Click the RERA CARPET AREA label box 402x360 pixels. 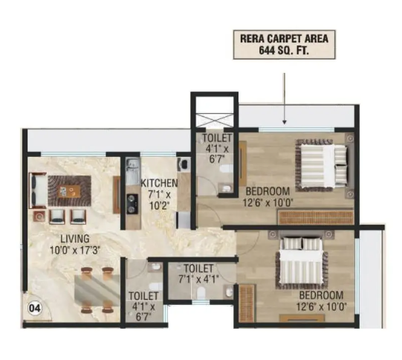tap(284, 45)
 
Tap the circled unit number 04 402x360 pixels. tap(35, 308)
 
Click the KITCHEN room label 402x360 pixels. tap(159, 183)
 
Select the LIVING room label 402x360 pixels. tap(75, 239)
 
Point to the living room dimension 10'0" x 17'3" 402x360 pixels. tap(75, 250)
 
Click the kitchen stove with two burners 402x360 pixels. tap(132, 204)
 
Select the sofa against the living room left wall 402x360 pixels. tap(38, 190)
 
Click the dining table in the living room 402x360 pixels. tap(97, 290)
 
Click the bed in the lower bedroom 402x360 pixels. tap(302, 263)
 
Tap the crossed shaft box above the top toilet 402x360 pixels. tap(215, 120)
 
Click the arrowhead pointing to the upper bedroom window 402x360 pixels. tap(284, 122)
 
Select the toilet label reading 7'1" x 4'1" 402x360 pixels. tap(198, 274)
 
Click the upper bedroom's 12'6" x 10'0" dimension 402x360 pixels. tap(268, 203)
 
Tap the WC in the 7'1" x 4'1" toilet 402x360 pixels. tap(201, 292)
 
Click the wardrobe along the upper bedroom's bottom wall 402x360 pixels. tap(316, 217)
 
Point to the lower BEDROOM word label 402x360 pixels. tap(321, 295)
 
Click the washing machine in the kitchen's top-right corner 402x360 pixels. tap(184, 164)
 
